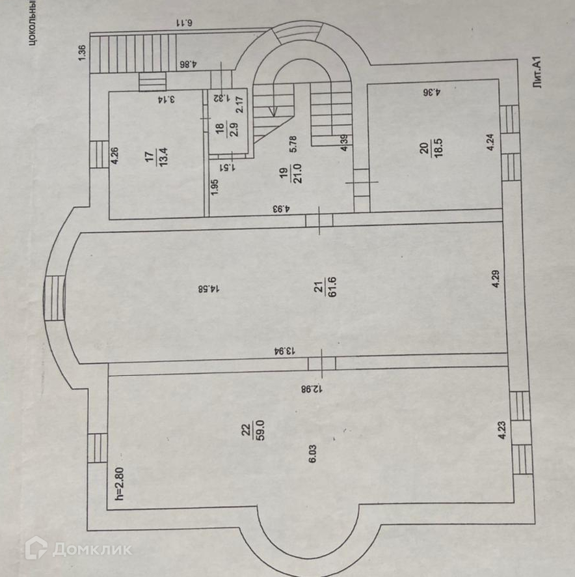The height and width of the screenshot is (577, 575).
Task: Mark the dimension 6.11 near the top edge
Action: tap(185, 23)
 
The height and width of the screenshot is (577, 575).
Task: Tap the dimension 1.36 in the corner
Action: tap(82, 51)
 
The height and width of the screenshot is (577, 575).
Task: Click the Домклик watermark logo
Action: tap(78, 548)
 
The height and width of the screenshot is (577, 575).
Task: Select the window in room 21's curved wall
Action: tap(55, 298)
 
